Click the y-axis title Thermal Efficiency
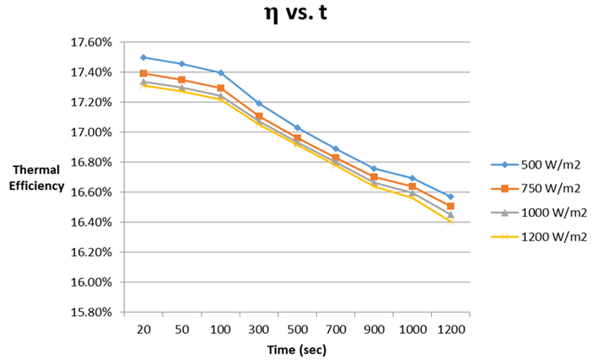[37, 179]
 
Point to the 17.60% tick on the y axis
[94, 42]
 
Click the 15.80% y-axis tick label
[94, 312]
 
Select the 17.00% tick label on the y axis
[94, 132]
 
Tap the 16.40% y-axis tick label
[94, 222]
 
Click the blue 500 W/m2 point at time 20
[143, 57]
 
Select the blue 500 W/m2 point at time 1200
[450, 196]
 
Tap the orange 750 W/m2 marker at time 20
[143, 73]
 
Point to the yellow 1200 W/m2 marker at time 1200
[450, 221]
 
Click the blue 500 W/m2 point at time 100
[220, 73]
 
